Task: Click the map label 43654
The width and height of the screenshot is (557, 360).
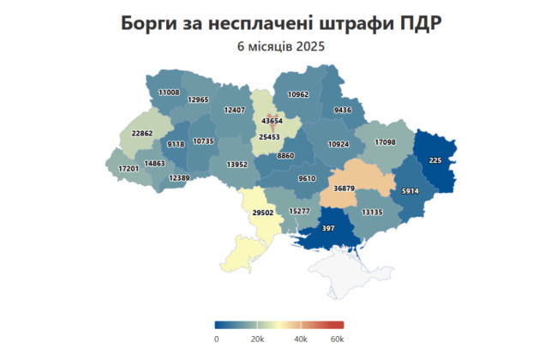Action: point(271,123)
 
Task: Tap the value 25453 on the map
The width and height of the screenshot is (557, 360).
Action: point(271,137)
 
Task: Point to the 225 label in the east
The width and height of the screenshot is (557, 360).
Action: point(435,160)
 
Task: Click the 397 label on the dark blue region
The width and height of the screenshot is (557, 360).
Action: point(327,229)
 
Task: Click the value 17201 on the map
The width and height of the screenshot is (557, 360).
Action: point(129,169)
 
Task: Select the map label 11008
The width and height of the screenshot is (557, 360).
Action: point(169,92)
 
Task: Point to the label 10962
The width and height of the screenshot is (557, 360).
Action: point(298,94)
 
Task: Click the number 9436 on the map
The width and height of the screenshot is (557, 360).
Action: point(343,110)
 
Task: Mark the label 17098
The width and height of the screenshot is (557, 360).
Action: point(384,141)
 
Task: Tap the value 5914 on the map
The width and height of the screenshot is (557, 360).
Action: point(410,190)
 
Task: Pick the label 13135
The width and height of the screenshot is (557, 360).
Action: point(372,212)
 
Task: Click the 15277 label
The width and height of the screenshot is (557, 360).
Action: point(299,211)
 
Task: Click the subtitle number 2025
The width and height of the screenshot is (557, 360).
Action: point(310,46)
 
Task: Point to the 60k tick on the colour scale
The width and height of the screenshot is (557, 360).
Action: point(337,339)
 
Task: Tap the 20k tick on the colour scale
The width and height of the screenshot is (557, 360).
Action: point(255,339)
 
